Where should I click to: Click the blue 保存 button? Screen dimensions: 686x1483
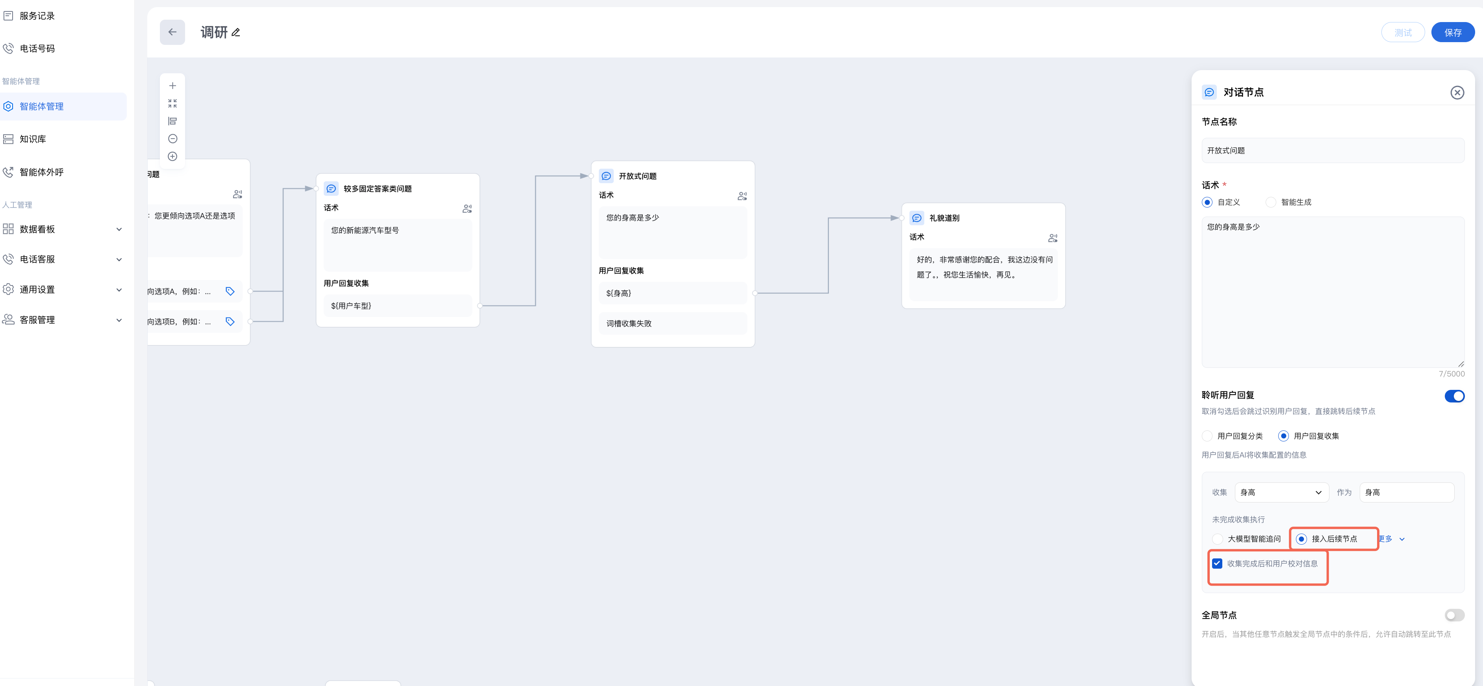pyautogui.click(x=1453, y=33)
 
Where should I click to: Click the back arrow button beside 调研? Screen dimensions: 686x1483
pyautogui.click(x=172, y=32)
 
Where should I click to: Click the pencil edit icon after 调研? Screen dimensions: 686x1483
pyautogui.click(x=236, y=33)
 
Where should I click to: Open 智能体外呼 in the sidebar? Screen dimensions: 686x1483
pyautogui.click(x=41, y=172)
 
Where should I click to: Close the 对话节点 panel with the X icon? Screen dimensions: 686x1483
pyautogui.click(x=1457, y=93)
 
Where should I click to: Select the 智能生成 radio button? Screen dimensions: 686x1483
pyautogui.click(x=1271, y=202)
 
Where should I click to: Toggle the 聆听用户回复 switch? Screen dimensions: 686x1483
pyautogui.click(x=1454, y=396)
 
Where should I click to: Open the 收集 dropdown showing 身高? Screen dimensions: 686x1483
pyautogui.click(x=1281, y=493)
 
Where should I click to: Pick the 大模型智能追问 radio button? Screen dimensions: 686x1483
pyautogui.click(x=1218, y=539)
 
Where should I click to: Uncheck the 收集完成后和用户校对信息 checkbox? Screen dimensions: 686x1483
pyautogui.click(x=1217, y=564)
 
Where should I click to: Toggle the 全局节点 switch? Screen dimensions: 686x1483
pyautogui.click(x=1454, y=615)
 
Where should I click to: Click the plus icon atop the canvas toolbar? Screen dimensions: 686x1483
pyautogui.click(x=172, y=86)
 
